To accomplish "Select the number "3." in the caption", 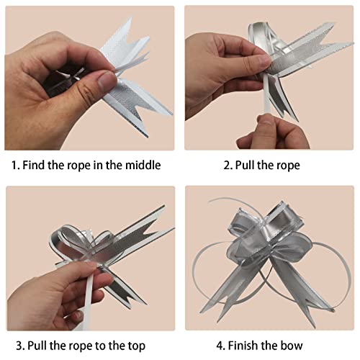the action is click(x=21, y=346).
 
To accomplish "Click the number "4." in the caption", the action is click(x=221, y=346).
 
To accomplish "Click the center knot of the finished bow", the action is click(x=267, y=248).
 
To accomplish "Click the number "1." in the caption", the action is click(x=16, y=166).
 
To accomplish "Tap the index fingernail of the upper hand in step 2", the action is click(x=264, y=60).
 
